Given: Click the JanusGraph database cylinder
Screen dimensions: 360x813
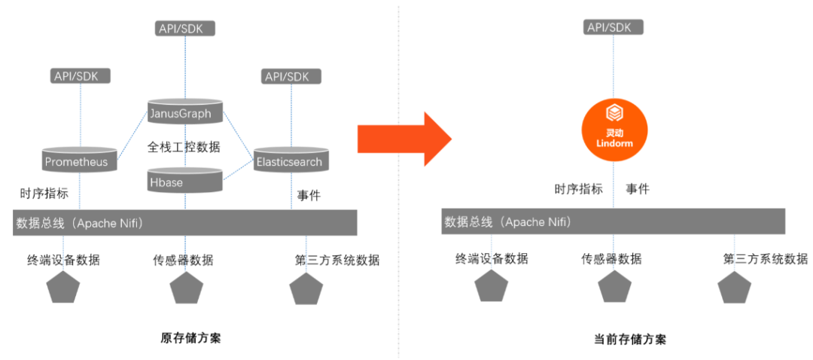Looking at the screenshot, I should [185, 112].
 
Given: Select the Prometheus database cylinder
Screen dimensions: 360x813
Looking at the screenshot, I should [76, 160].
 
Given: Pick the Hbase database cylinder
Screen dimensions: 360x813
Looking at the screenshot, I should [185, 182].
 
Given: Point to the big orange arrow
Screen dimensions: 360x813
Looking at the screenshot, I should [403, 139].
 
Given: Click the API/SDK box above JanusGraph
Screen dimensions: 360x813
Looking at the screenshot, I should [186, 29].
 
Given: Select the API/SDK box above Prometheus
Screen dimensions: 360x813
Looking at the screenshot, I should [81, 76].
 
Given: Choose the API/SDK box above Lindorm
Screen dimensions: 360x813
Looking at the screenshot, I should [614, 28].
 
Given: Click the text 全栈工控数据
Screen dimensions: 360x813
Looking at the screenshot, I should [184, 147].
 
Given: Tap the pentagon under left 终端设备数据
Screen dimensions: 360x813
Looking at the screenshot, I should [64, 287].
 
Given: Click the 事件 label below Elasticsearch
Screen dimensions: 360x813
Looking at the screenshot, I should [308, 196].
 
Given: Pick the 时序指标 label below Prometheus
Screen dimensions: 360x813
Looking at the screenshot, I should [44, 194].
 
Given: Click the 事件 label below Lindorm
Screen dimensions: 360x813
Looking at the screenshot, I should [638, 189].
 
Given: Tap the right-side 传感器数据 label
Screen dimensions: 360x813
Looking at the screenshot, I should [611, 259].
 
